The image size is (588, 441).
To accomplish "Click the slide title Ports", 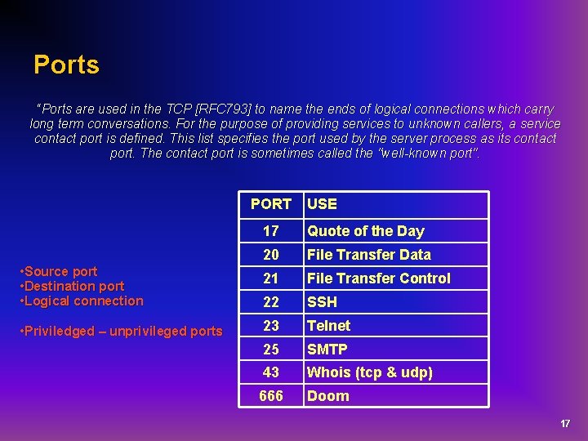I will coord(66,65).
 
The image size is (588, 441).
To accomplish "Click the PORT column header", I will coord(270,204).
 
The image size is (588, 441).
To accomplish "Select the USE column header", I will coord(322,204).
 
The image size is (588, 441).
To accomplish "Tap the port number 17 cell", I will coord(270,231).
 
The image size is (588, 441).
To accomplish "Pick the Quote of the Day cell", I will coord(365,231).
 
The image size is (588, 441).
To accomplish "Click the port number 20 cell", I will coord(270,255).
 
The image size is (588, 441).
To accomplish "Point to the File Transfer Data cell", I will coord(368,255).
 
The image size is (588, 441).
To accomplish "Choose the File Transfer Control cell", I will coord(378,278).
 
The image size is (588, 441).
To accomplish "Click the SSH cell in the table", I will coord(322,302).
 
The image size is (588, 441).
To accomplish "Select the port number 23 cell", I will coord(270,325).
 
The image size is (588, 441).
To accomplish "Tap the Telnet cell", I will coord(328,325).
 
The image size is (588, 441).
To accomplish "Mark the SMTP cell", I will coord(327,349).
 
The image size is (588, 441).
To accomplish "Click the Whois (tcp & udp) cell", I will coord(369,372).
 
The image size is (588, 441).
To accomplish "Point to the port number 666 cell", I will coord(270,396).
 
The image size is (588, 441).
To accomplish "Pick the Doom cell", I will coord(327,396).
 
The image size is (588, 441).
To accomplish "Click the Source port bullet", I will coord(61,271).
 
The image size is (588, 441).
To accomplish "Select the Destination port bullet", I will coord(74,286).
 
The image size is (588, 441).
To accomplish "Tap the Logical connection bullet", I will coord(83,301).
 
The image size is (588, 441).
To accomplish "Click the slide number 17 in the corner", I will coord(565,424).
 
